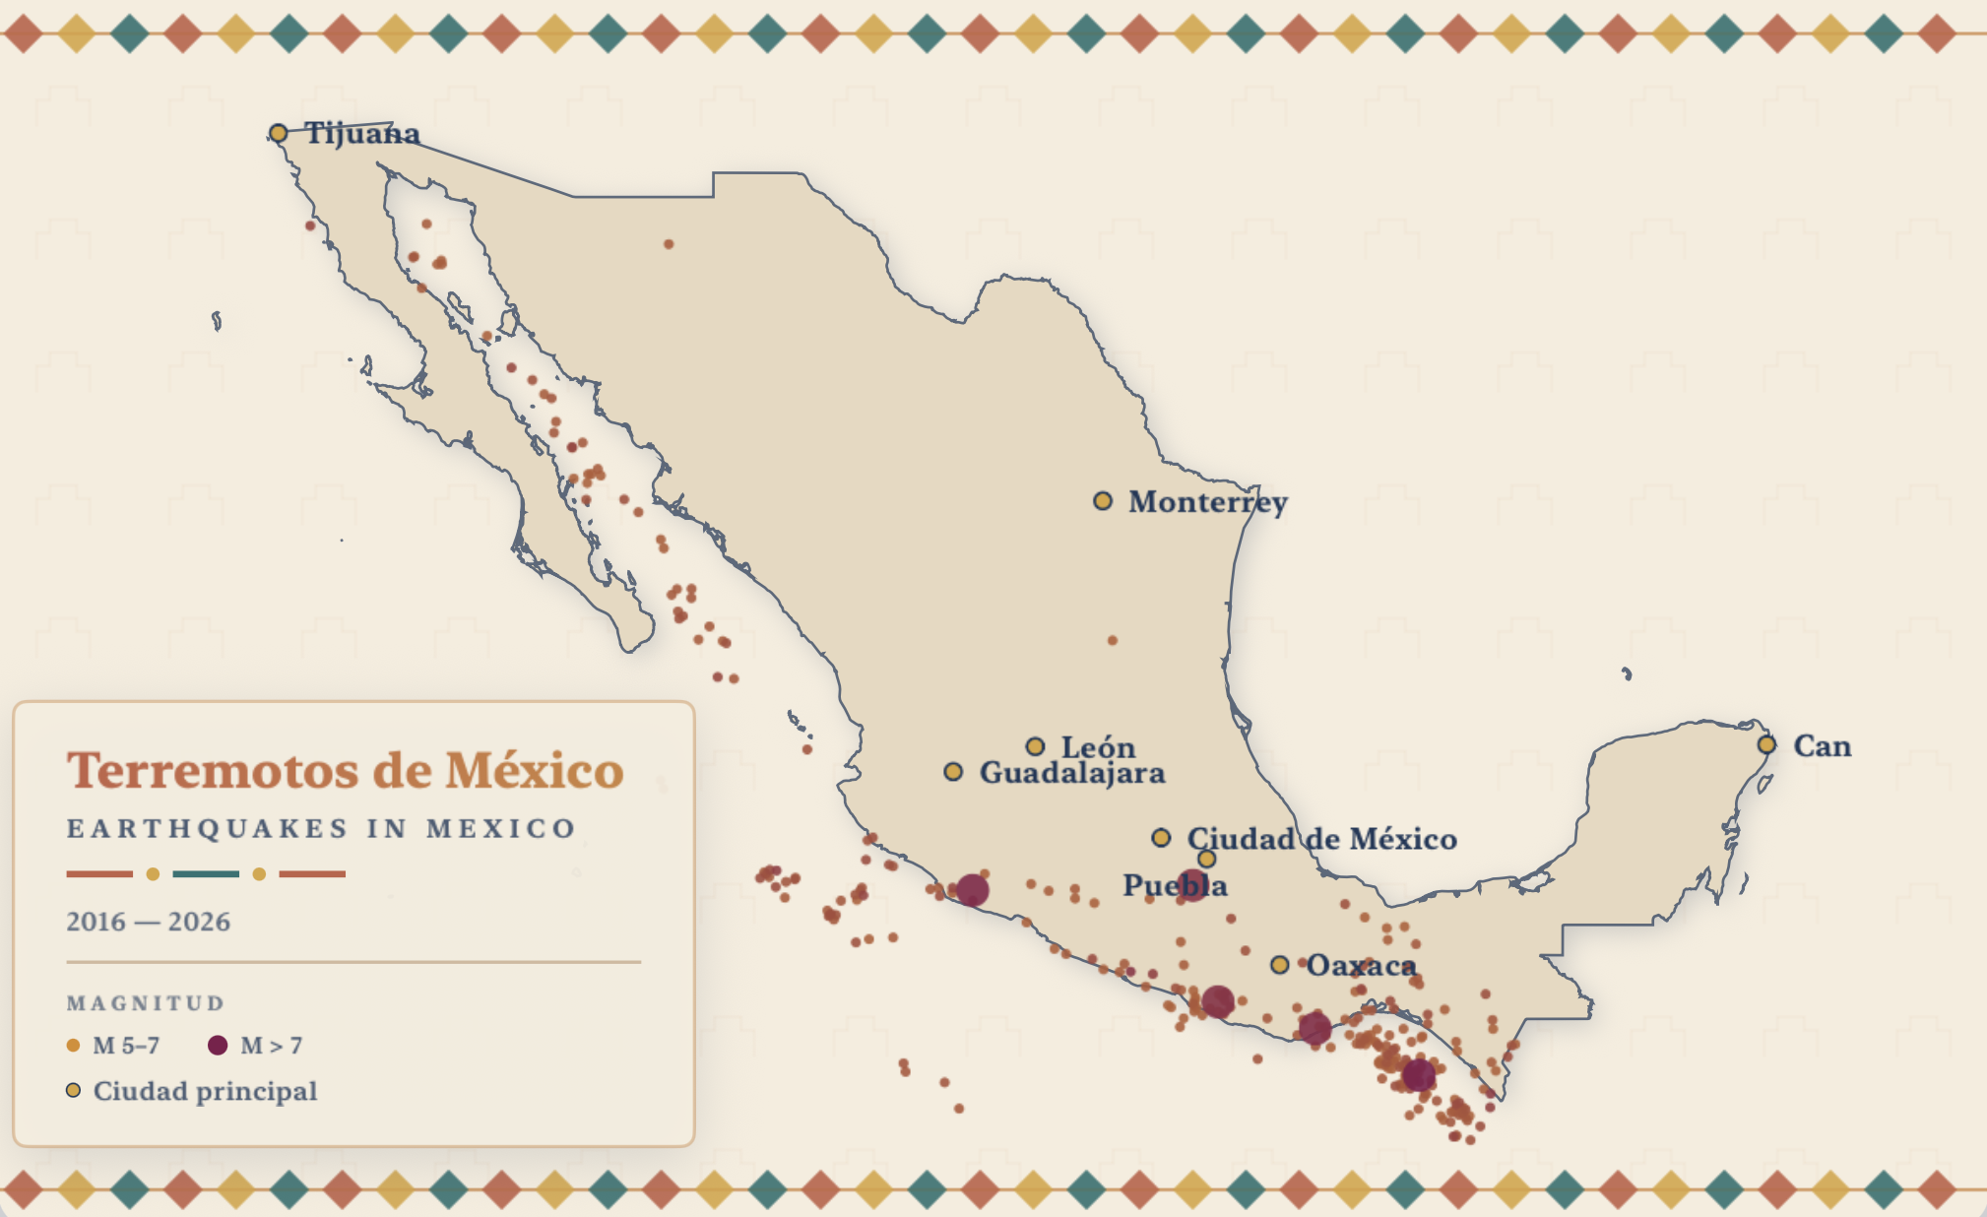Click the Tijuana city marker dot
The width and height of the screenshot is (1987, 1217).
[279, 133]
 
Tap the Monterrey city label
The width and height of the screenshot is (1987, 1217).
[1207, 502]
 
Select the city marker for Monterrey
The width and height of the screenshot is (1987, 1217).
[1103, 501]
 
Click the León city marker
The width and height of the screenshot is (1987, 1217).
[1035, 746]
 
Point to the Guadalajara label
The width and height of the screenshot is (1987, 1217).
[1071, 773]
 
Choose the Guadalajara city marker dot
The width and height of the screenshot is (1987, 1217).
[953, 772]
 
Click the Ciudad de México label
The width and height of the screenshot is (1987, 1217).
[1321, 839]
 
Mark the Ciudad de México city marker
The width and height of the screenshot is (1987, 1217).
[1162, 838]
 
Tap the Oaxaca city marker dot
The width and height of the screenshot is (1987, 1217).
[1279, 965]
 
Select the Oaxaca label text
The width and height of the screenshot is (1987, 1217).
[1361, 966]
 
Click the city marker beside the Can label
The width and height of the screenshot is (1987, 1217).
[1766, 744]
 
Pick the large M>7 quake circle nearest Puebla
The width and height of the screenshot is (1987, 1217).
[1192, 885]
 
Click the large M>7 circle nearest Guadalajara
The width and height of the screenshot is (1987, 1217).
[972, 890]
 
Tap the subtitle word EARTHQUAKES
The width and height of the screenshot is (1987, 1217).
[207, 829]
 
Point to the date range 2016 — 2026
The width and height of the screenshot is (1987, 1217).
[148, 923]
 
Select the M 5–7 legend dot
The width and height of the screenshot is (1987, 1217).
[73, 1046]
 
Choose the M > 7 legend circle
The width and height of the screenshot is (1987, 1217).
[218, 1046]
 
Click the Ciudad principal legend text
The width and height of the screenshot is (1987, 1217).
[205, 1091]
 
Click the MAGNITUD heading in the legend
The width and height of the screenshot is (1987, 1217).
[146, 1003]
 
